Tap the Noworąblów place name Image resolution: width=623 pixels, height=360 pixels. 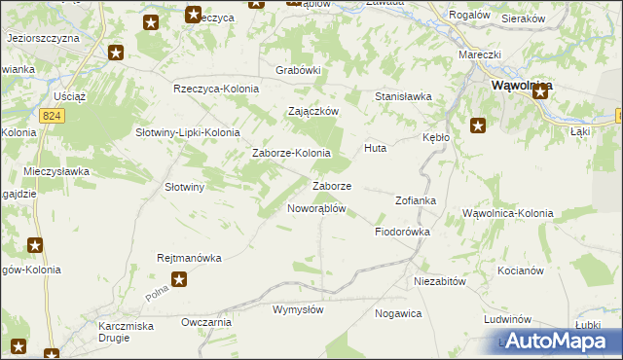316,208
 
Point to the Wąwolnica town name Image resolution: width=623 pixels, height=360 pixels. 515,86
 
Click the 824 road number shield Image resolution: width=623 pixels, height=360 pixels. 53,115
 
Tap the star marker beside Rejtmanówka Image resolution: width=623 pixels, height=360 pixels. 179,279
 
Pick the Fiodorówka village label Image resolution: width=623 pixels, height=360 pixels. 402,233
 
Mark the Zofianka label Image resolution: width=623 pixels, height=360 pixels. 415,200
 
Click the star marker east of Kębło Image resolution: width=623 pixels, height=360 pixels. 478,125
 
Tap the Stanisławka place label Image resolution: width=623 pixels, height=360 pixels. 403,96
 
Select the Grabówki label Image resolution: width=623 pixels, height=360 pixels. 298,70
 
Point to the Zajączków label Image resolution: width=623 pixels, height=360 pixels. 312,111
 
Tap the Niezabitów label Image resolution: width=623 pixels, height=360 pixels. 441,280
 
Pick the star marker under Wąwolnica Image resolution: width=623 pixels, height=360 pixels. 539,90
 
